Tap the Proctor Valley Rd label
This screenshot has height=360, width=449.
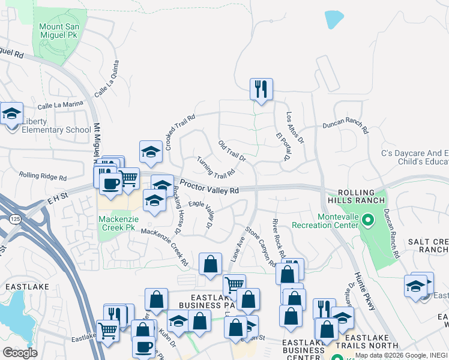209,188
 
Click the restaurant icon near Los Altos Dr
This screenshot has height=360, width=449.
261,90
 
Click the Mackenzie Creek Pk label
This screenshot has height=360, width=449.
116,223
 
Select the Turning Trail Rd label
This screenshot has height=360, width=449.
215,167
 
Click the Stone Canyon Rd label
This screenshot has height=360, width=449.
261,246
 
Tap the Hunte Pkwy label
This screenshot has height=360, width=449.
364,291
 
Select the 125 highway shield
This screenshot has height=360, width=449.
13,220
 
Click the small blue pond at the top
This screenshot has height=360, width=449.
334,20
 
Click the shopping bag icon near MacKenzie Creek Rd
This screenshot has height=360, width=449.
211,264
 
